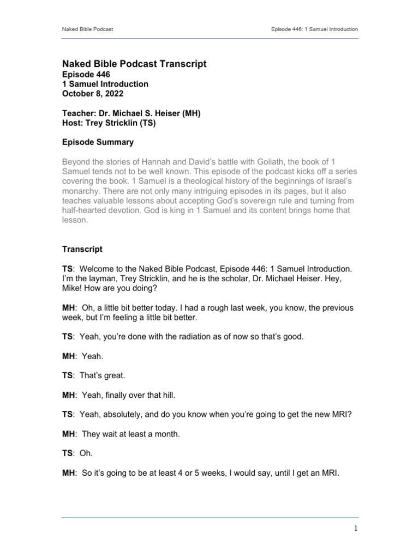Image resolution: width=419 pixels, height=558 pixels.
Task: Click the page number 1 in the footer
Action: [x=355, y=529]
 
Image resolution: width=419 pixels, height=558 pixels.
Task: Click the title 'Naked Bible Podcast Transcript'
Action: [x=135, y=64]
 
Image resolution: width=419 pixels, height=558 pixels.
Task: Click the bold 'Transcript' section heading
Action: [x=82, y=248]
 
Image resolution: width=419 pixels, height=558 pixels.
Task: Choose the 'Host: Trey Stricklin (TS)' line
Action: [x=109, y=123]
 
